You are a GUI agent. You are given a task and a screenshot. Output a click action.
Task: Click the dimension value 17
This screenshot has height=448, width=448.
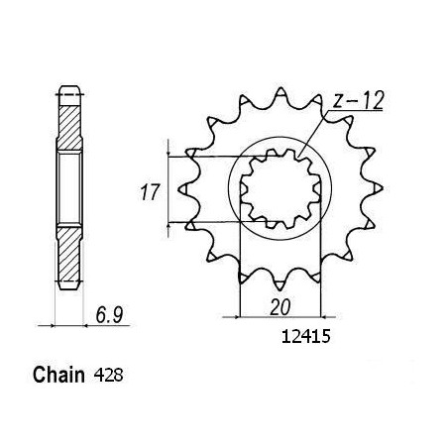pos(150,192)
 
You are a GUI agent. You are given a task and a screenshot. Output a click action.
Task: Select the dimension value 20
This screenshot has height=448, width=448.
pos(280,307)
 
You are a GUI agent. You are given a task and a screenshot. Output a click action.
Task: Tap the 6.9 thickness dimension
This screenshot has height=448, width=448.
pos(109,315)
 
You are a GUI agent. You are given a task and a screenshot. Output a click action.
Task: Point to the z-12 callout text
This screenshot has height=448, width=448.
pos(358,101)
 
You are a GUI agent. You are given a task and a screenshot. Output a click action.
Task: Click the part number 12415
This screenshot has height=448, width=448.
pos(305,337)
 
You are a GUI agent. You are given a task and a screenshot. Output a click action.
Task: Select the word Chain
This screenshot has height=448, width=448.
pos(58,375)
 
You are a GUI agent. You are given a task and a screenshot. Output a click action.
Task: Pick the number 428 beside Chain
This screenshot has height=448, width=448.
pos(108,376)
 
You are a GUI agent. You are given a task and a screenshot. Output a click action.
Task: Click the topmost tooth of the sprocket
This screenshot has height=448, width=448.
pos(280,92)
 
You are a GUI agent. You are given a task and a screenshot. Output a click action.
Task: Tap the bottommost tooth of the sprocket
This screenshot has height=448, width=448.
pos(280,284)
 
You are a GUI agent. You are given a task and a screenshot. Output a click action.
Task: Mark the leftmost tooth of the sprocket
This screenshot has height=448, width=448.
pos(183,189)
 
